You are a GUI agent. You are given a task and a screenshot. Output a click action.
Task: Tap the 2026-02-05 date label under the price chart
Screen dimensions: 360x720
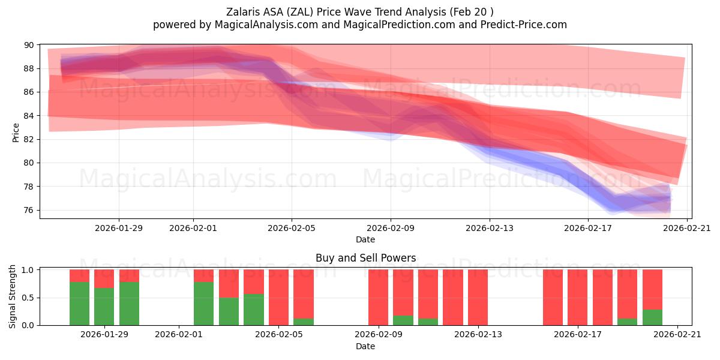tap(292, 228)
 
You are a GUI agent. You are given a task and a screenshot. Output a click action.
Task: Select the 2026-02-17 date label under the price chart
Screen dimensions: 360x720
tap(588, 228)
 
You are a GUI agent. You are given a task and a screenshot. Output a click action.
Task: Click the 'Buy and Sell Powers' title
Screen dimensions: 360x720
tap(365, 259)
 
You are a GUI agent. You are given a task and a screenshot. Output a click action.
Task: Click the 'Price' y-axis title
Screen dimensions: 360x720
tap(16, 132)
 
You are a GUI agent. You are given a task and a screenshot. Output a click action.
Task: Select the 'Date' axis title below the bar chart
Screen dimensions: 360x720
tap(365, 346)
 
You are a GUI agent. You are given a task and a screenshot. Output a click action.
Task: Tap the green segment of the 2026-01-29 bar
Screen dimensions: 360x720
tap(104, 307)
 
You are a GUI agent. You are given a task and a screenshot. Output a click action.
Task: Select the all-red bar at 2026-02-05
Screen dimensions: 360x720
tap(278, 298)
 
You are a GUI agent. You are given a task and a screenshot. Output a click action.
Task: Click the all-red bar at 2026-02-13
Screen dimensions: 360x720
tap(478, 298)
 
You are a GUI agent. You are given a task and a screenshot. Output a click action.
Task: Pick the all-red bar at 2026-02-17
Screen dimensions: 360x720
tap(577, 298)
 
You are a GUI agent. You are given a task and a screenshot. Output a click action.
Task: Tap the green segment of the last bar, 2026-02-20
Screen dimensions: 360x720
tap(652, 317)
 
